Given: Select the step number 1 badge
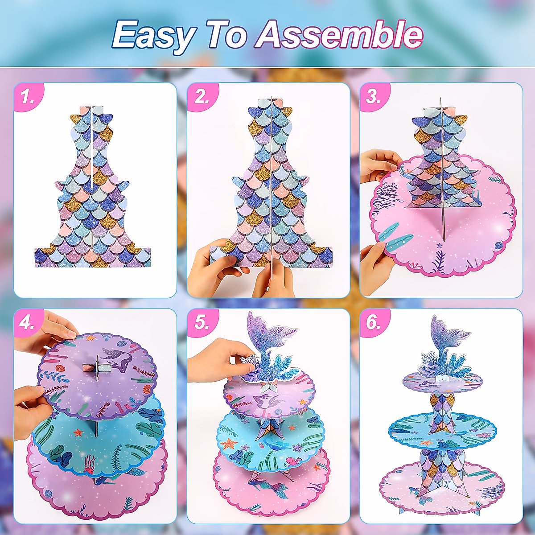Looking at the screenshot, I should (28, 97).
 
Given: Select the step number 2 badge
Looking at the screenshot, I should (201, 97).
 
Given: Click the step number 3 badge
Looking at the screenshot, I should (374, 97).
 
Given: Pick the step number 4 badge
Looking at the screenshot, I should (28, 322).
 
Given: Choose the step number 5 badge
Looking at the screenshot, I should (201, 322).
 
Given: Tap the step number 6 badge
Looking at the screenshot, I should (374, 322).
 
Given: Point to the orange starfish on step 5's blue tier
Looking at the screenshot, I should (229, 444).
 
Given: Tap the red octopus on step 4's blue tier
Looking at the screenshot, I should (89, 464).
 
